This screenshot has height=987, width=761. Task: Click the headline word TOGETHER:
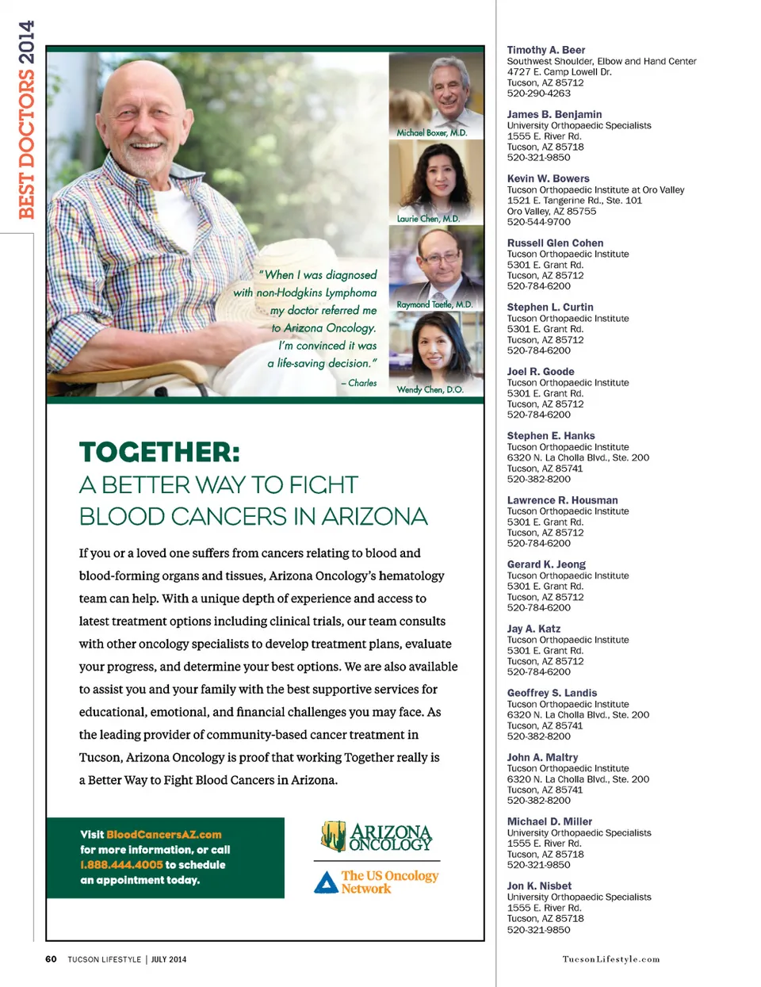click(159, 453)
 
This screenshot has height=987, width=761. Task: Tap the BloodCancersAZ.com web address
click(164, 835)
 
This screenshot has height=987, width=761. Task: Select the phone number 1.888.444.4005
click(121, 865)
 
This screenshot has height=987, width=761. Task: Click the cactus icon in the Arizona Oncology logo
click(333, 836)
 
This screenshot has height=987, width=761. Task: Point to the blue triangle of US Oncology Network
click(326, 882)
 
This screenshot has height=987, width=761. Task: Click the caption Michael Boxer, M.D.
click(432, 133)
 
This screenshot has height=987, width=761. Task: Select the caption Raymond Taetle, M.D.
click(434, 304)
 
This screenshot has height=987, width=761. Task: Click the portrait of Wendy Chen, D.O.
click(435, 349)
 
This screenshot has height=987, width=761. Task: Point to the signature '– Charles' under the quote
click(359, 383)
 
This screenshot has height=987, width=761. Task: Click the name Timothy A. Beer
click(546, 50)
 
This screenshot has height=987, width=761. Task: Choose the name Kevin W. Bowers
click(548, 178)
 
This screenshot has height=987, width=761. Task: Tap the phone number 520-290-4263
click(538, 94)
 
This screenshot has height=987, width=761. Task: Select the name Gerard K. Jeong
click(546, 564)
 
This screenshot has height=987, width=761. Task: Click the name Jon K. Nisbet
click(539, 886)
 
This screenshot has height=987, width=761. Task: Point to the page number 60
click(51, 959)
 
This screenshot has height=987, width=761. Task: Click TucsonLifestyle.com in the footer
click(610, 959)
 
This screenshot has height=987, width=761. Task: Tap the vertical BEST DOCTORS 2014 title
click(26, 120)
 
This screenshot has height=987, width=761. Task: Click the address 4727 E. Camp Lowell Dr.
click(559, 71)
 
